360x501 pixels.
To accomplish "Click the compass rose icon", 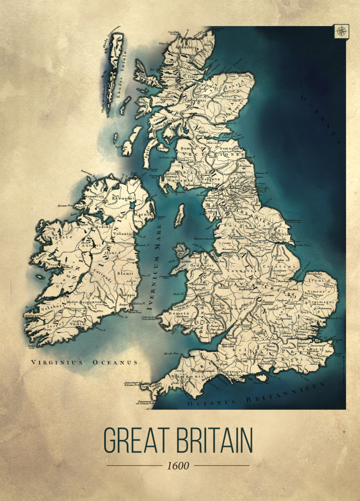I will pyautogui.click(x=341, y=32).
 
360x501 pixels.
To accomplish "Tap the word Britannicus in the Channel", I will pyautogui.click(x=283, y=394).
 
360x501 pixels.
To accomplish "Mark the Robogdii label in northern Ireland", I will pyautogui.click(x=122, y=198).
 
